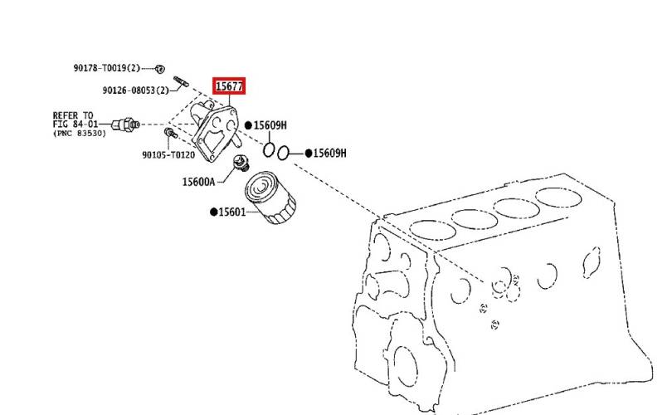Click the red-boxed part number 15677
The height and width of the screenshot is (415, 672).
[x=229, y=86]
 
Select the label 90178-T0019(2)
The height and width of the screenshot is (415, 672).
[x=107, y=68]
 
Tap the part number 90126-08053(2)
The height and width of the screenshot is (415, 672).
[x=136, y=90]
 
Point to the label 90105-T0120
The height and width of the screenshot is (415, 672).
[x=168, y=154]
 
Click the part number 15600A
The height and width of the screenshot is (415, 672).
[x=198, y=182]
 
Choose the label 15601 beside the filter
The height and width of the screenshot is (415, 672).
[x=231, y=212]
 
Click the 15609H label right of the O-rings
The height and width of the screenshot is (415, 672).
[x=329, y=153]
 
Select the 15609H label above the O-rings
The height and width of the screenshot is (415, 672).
[x=270, y=125]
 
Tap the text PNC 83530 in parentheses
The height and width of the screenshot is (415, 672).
[x=80, y=134]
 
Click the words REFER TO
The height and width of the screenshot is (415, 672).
[x=72, y=115]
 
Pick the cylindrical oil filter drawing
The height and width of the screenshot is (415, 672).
[x=270, y=198]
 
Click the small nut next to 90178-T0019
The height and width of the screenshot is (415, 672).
[x=159, y=68]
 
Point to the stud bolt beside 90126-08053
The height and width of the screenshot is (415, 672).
[x=181, y=81]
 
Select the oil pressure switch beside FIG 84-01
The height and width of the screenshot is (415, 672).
[x=125, y=124]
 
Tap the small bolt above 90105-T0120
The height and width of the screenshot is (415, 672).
[x=171, y=133]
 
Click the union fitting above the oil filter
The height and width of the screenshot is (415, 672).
[x=241, y=164]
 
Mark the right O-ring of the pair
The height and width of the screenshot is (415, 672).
[x=283, y=153]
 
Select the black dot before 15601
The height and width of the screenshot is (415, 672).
[x=213, y=212]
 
